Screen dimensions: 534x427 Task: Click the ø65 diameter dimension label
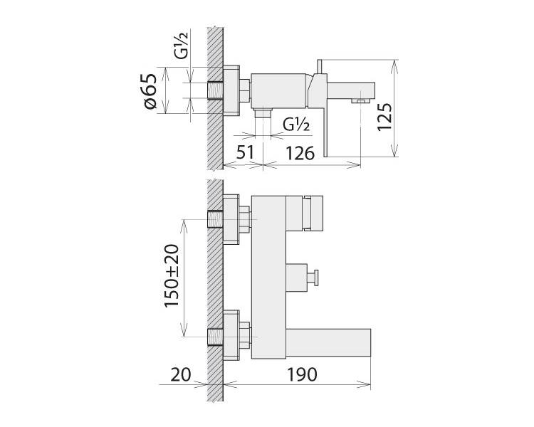150,91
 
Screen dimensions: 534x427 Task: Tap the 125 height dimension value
384,117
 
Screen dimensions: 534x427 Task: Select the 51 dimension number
245,152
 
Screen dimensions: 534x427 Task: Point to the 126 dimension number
300,153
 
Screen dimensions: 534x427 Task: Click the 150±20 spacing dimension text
172,276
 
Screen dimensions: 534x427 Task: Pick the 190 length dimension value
303,374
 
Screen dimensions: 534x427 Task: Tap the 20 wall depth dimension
181,375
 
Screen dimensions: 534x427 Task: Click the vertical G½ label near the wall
181,45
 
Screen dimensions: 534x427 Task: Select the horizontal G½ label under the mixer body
296,125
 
